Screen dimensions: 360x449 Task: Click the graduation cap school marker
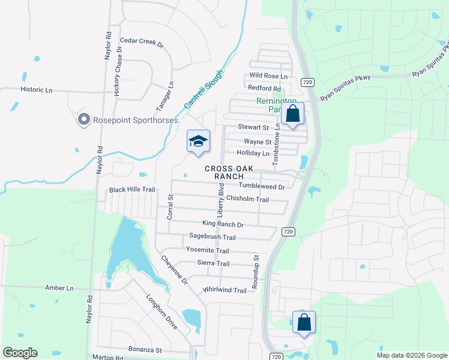198,142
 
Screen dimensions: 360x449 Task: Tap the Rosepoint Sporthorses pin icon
83,120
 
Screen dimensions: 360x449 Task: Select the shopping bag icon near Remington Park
293,113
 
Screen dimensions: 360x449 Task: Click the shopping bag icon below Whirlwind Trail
304,322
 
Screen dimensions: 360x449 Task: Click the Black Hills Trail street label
132,190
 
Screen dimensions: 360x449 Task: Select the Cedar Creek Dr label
142,42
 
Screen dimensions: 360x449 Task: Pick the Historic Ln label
37,90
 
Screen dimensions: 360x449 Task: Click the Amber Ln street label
59,288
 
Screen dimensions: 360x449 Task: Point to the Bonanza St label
145,349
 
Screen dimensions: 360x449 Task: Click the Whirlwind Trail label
224,290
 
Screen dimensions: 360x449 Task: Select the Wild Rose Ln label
268,76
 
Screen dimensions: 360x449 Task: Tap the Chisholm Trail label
247,199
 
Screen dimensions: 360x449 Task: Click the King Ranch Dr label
223,224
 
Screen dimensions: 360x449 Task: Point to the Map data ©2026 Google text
411,355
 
